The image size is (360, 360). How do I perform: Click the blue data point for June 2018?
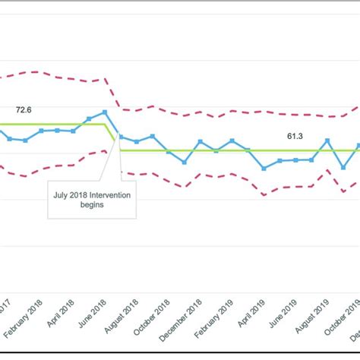tap(105, 112)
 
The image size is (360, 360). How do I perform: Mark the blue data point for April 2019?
tap(264, 168)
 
